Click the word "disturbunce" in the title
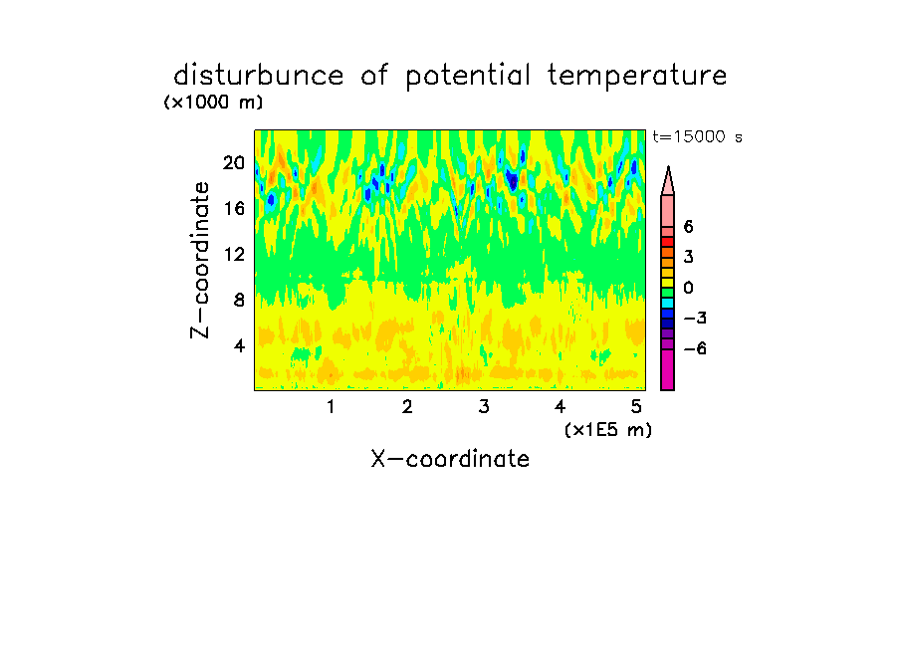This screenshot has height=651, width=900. [258, 75]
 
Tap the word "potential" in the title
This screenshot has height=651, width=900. [468, 76]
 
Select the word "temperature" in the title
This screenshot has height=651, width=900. [637, 76]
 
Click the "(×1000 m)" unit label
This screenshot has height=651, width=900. [213, 103]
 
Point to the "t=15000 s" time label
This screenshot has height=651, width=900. [697, 136]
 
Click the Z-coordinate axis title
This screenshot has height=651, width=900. [200, 260]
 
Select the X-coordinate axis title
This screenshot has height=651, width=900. [450, 459]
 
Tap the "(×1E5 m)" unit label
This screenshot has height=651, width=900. [608, 429]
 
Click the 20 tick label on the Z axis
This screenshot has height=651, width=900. [234, 163]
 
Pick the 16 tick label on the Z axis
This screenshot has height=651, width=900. [234, 208]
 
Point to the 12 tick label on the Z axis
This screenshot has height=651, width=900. [234, 254]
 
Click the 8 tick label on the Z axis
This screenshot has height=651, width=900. [239, 300]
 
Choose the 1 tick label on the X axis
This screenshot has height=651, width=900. [331, 406]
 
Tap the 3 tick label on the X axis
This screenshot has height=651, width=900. [484, 406]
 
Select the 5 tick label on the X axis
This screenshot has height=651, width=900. [636, 406]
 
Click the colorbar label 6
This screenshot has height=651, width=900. [688, 227]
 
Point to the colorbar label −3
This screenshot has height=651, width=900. [695, 318]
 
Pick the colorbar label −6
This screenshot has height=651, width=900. [695, 348]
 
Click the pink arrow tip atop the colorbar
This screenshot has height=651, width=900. [668, 167]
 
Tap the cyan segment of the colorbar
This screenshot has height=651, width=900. [668, 303]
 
